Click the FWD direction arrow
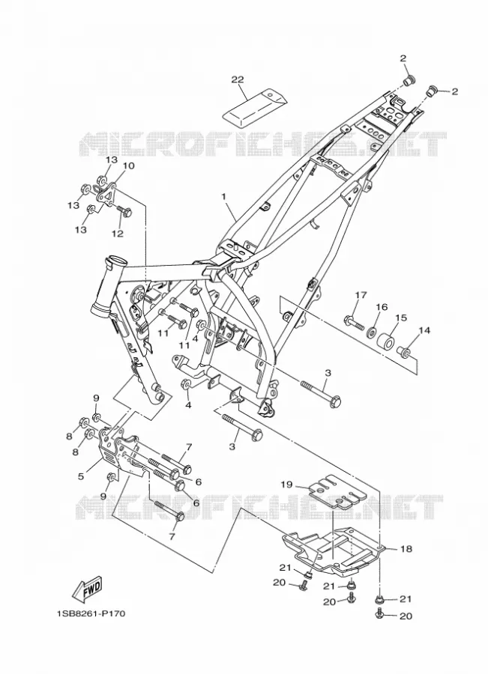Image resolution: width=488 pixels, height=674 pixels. [x=88, y=588]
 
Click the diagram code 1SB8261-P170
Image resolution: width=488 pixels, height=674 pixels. [x=91, y=613]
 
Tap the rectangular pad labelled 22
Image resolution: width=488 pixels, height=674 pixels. [x=254, y=107]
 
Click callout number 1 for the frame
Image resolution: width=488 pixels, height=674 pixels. [x=224, y=196]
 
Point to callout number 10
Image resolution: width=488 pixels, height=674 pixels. [x=129, y=166]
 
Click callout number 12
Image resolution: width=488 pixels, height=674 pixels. [x=118, y=234]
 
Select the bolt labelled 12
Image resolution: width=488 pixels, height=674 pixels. [x=123, y=211]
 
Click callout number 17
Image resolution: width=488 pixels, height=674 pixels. [x=361, y=295]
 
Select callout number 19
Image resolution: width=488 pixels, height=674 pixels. [x=286, y=485]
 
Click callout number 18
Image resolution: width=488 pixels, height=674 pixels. [x=406, y=548]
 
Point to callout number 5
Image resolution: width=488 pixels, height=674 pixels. [x=81, y=476]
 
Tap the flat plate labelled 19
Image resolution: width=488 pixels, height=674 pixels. [x=338, y=493]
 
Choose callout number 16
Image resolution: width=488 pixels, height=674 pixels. [x=382, y=307]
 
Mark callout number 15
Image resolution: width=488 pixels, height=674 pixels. [x=400, y=318]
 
